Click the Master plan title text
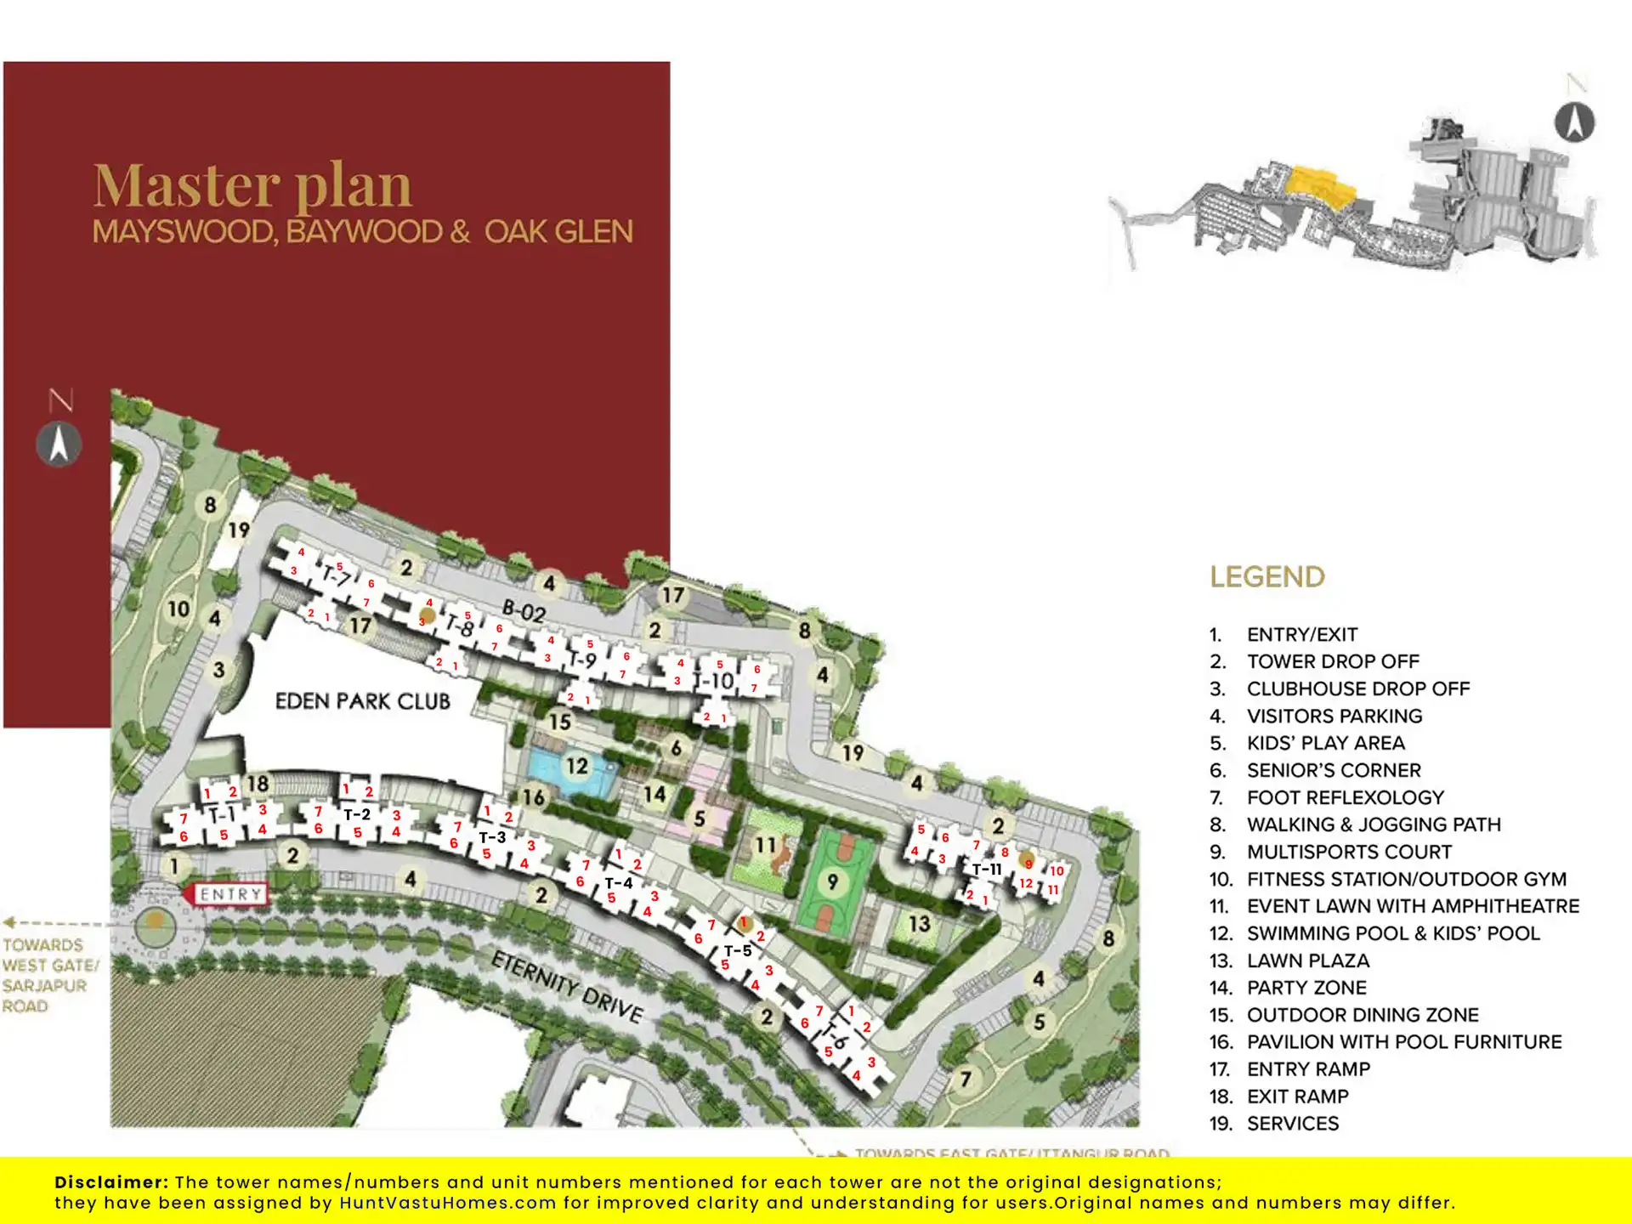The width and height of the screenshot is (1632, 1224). pyautogui.click(x=252, y=185)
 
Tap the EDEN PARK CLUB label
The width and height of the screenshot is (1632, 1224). pyautogui.click(x=362, y=701)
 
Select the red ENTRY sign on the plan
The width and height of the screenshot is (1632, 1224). pyautogui.click(x=228, y=894)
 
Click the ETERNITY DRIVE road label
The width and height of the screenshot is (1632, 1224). pyautogui.click(x=567, y=986)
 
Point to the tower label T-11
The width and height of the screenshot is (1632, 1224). pyautogui.click(x=987, y=870)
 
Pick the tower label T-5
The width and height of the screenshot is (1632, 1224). pyautogui.click(x=738, y=950)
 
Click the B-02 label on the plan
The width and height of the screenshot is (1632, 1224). pyautogui.click(x=524, y=611)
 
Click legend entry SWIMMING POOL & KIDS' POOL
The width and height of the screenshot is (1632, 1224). pyautogui.click(x=1392, y=933)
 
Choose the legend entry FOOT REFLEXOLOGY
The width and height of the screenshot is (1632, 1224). pyautogui.click(x=1345, y=797)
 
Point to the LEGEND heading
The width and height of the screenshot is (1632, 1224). pyautogui.click(x=1266, y=577)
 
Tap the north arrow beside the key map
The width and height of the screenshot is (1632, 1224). pyautogui.click(x=1574, y=122)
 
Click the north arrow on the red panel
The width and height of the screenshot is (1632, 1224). pyautogui.click(x=59, y=444)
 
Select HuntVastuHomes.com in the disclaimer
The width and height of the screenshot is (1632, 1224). pyautogui.click(x=447, y=1203)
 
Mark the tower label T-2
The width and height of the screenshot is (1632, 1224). pyautogui.click(x=357, y=814)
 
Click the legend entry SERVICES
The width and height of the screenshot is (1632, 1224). pyautogui.click(x=1292, y=1124)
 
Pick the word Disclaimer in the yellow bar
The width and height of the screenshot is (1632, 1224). pyautogui.click(x=110, y=1182)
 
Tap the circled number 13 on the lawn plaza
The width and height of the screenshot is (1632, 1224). pyautogui.click(x=919, y=924)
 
